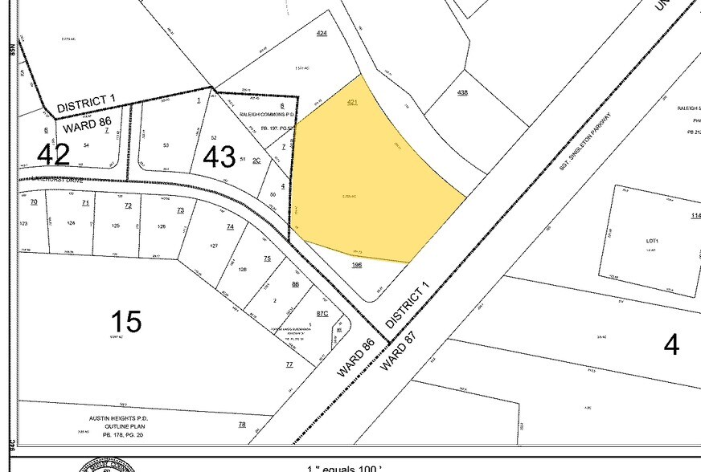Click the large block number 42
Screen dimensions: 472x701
click(x=53, y=153)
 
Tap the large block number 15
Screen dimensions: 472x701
click(x=126, y=321)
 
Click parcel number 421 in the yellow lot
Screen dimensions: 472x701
click(x=352, y=103)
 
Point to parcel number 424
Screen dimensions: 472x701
click(x=322, y=33)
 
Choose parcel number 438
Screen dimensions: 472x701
click(x=462, y=93)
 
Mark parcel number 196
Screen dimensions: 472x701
click(x=357, y=264)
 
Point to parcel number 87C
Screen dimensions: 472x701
click(x=322, y=313)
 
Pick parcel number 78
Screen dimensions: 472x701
click(x=241, y=424)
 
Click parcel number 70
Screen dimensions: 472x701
click(x=34, y=202)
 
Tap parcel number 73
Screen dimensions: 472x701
click(x=180, y=210)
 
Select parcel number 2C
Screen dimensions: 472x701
click(x=256, y=160)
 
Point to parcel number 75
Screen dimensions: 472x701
click(x=267, y=258)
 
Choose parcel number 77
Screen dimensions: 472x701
click(x=289, y=364)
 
